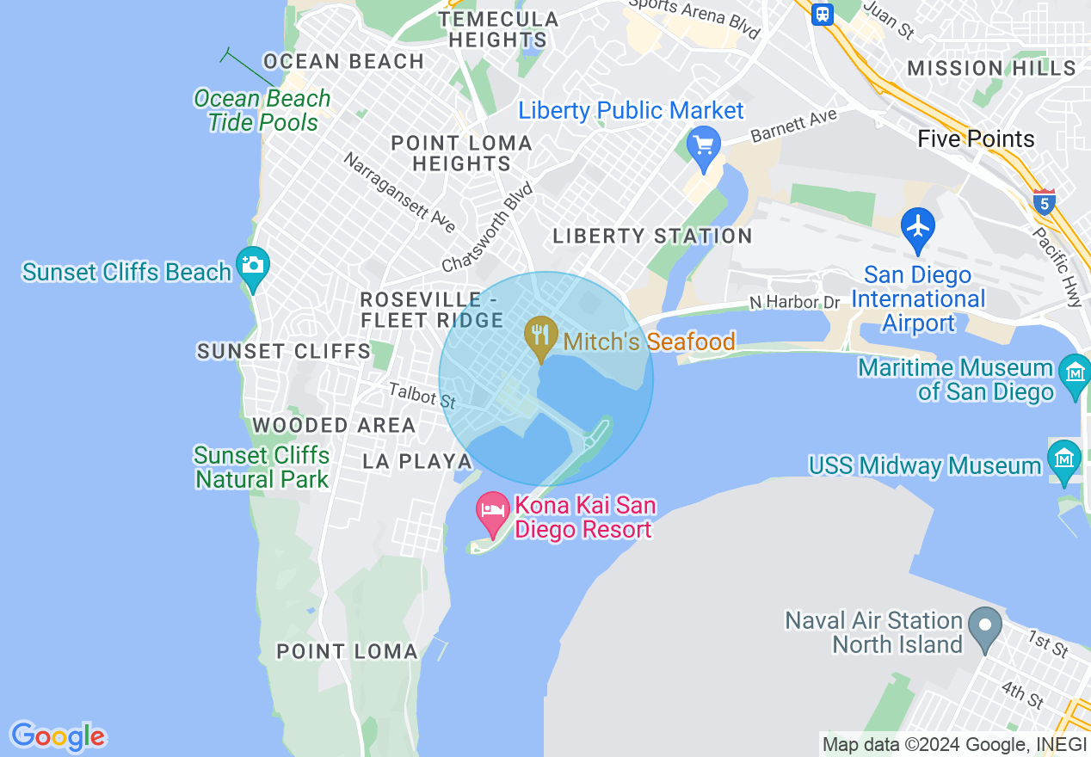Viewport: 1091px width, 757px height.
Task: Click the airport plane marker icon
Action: (x=918, y=227)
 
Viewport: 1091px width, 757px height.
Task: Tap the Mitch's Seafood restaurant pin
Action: (x=540, y=335)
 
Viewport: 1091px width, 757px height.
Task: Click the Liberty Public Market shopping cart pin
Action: (x=705, y=146)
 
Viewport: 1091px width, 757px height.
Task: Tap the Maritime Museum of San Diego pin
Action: (x=1076, y=375)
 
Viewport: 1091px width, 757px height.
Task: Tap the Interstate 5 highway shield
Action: (x=1044, y=202)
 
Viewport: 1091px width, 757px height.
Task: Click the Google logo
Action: (x=58, y=736)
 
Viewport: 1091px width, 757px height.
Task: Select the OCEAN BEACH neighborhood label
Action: (x=343, y=62)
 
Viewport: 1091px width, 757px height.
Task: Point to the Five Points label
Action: (x=976, y=138)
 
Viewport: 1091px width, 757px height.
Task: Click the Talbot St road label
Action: (x=422, y=396)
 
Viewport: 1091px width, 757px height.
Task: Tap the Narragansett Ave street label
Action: (x=399, y=192)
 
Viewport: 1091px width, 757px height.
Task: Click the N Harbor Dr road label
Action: (x=794, y=302)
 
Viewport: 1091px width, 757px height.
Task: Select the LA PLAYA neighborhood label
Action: (x=417, y=461)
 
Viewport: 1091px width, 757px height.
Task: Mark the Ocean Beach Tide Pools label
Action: (x=262, y=110)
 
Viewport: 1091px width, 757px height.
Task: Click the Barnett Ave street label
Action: (x=793, y=126)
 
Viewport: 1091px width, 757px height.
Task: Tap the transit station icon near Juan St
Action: (x=823, y=13)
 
